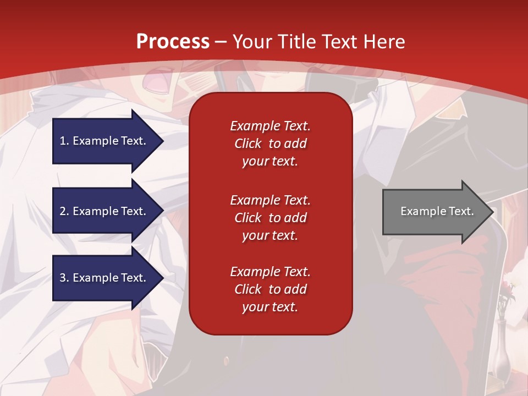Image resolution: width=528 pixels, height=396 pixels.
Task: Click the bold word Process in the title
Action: pos(173,42)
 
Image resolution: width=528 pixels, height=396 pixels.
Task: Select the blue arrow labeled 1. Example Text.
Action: pos(105,141)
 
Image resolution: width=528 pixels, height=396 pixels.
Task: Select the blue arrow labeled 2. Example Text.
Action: pos(105,211)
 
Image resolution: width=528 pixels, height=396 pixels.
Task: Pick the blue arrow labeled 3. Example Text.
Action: pos(105,278)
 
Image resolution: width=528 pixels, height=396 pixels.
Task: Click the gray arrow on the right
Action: pos(435,211)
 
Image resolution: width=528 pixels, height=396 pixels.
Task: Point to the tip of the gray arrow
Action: pos(492,212)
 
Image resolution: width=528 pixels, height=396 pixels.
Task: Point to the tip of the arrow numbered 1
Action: pos(163,141)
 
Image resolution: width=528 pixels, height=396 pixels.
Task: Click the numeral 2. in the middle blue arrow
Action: pos(64,211)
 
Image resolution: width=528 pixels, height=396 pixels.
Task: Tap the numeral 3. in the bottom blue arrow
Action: pos(64,278)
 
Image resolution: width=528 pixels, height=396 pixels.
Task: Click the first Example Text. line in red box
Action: pos(270,126)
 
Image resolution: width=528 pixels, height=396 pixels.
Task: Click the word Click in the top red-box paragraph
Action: pos(248,144)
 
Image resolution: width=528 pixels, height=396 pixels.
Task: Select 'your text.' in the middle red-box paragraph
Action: pos(270,235)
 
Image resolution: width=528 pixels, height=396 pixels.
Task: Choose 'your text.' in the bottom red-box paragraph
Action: pos(270,307)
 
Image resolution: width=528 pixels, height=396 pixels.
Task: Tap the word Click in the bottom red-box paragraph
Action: pos(248,289)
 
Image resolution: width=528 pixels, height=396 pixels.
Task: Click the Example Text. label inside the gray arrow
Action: pos(437,211)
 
